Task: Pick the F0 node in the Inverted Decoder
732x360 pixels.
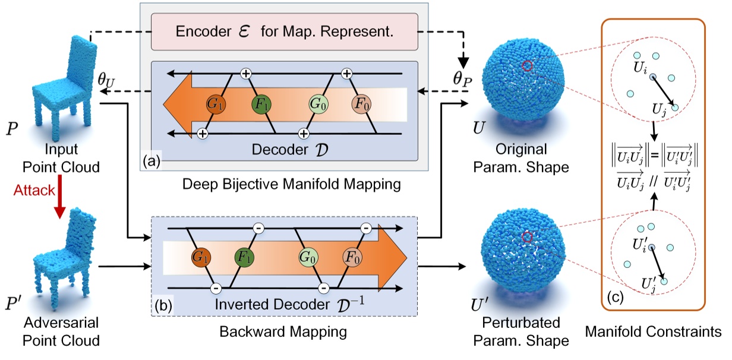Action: (352, 257)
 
